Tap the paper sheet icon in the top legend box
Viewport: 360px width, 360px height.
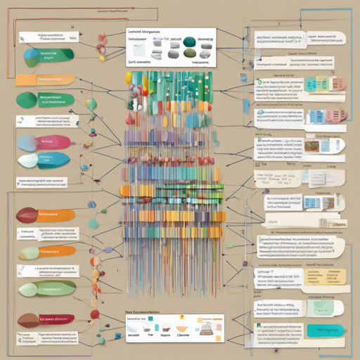[139, 47]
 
